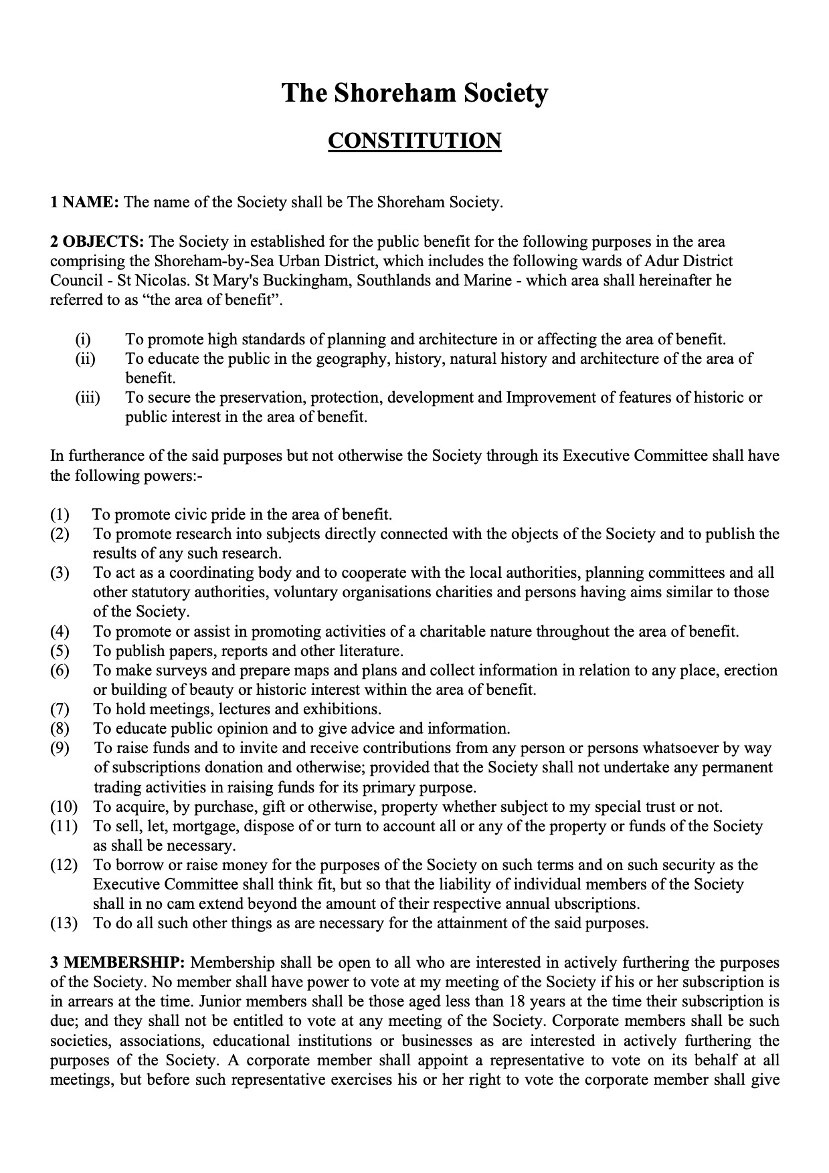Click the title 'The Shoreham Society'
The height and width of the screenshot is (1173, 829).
414,92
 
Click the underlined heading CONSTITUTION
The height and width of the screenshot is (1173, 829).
414,141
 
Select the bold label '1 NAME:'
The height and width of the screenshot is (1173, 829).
84,202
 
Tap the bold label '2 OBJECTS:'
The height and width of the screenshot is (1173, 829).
98,241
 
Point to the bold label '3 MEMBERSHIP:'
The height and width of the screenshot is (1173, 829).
117,962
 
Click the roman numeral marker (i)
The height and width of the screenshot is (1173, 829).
83,339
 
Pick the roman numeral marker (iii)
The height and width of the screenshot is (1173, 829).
87,398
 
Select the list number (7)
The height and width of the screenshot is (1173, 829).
60,709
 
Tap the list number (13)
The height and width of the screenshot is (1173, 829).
64,924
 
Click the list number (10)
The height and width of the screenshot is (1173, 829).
64,807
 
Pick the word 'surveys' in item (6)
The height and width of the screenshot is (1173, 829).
180,670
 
